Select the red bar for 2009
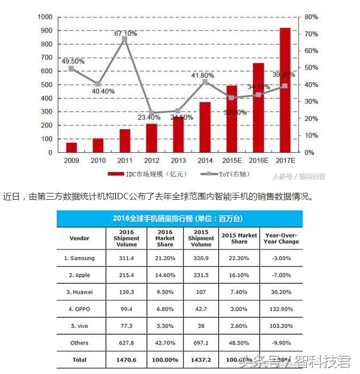pos(71,147)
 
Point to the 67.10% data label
pos(126,33)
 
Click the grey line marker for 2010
pos(98,84)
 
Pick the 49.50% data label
pos(73,61)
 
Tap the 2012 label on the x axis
pos(151,160)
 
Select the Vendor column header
pos(80,238)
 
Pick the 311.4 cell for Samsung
pos(126,258)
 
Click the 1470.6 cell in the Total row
pos(126,359)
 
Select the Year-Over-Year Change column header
pos(281,238)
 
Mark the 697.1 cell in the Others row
pos(201,342)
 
